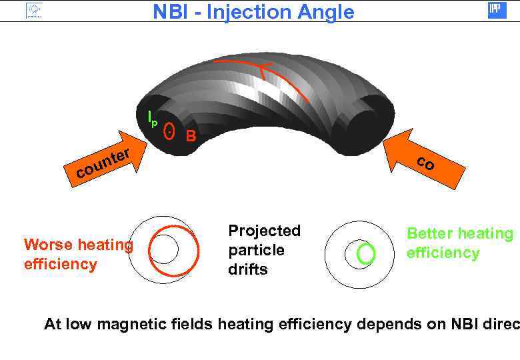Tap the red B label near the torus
191,137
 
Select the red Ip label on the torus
153,119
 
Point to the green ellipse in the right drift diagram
366,253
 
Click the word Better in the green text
429,233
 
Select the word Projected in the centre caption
264,231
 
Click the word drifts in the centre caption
248,269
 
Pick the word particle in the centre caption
256,250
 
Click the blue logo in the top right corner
497,10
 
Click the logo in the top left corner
33,10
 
